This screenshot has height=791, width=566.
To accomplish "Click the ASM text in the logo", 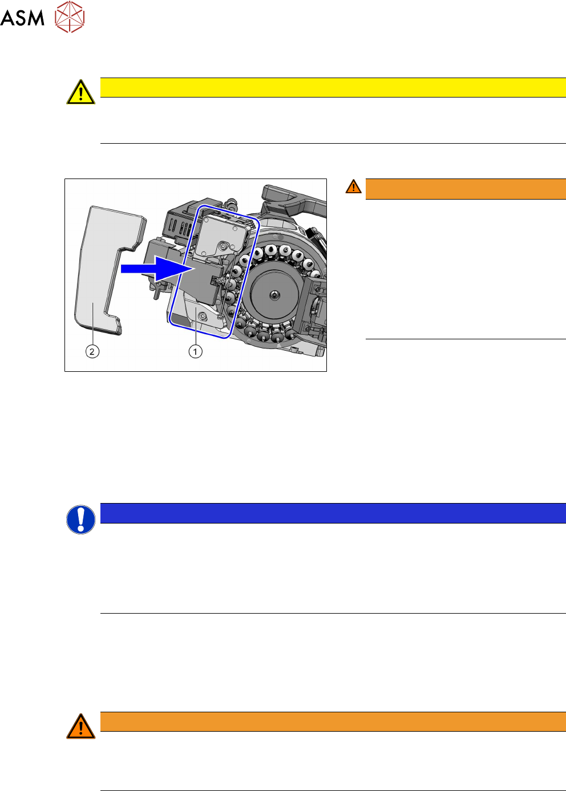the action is [x=22, y=18].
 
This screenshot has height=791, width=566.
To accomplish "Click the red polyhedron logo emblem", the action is [x=70, y=17].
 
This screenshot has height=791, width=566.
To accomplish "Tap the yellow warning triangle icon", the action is [x=81, y=92].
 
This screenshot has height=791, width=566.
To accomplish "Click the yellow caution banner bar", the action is [x=333, y=88].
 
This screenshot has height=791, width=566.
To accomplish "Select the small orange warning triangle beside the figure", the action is [x=353, y=186].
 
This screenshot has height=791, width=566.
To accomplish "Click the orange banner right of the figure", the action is [x=466, y=189].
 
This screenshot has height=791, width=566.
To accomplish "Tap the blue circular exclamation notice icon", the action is [x=81, y=520].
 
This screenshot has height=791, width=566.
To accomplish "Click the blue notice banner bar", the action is [x=333, y=513].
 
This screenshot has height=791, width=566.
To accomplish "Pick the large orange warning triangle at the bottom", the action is [x=81, y=727].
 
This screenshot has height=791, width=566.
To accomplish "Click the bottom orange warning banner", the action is [x=333, y=721].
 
